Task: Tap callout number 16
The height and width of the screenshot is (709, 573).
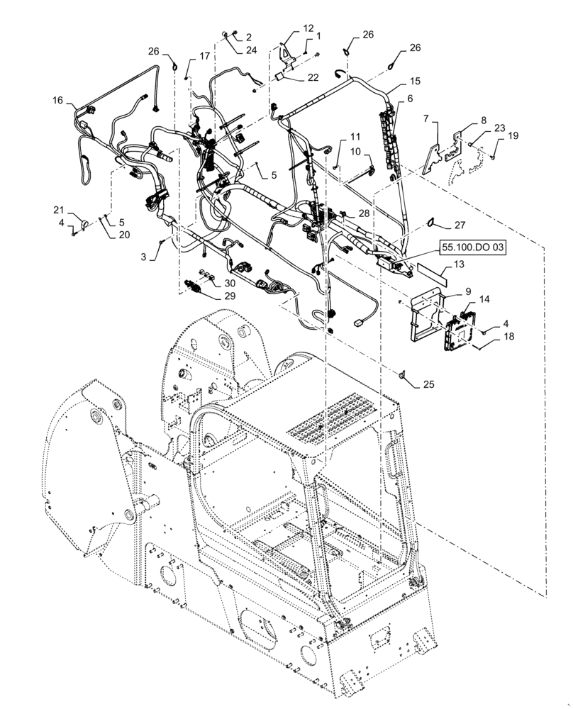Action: (57, 101)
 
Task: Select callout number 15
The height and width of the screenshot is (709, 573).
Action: (414, 82)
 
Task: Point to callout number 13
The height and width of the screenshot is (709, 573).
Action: (459, 264)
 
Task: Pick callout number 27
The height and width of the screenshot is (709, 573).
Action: (459, 226)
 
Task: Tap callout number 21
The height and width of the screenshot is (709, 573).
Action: (60, 211)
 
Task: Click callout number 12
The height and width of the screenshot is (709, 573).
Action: (308, 28)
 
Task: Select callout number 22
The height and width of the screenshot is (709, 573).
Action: (313, 77)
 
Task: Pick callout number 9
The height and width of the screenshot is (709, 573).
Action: (467, 291)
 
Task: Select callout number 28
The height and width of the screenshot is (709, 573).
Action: (364, 213)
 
